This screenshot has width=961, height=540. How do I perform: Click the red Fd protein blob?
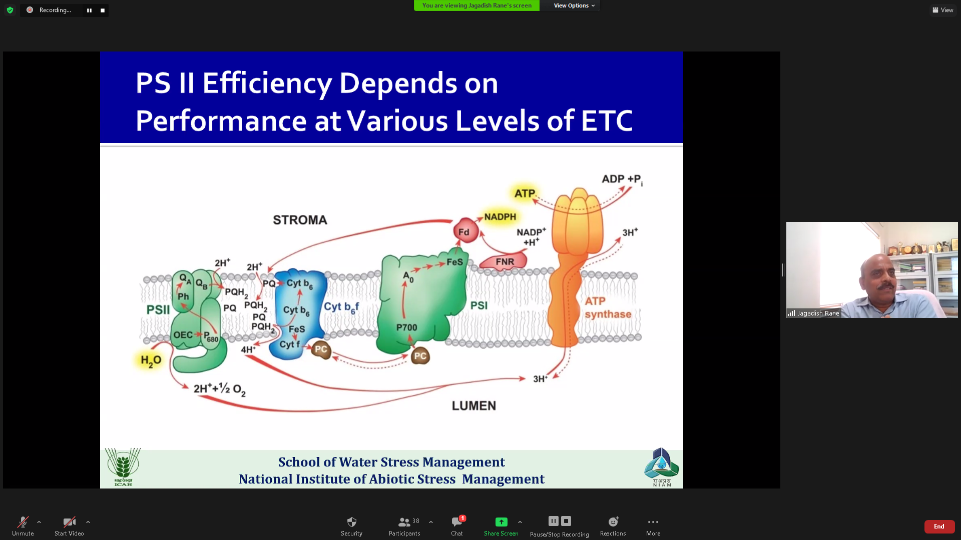[x=465, y=231]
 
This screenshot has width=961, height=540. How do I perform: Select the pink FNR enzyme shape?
[x=504, y=261]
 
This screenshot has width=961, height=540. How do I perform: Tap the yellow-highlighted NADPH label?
[x=500, y=216]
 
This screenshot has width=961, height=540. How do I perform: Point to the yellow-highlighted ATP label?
[x=525, y=193]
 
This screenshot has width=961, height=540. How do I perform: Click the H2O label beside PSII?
[x=151, y=360]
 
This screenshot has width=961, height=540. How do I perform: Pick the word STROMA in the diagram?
[x=300, y=220]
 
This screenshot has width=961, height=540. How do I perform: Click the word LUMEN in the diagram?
[x=473, y=405]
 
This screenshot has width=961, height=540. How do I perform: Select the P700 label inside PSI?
[x=406, y=327]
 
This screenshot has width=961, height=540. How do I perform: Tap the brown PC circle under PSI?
[x=420, y=355]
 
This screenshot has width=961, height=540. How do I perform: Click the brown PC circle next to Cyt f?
[x=321, y=349]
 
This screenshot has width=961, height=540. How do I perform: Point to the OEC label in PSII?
[x=183, y=334]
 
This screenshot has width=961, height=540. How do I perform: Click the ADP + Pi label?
[x=622, y=179]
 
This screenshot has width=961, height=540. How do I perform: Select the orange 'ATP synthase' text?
[x=608, y=307]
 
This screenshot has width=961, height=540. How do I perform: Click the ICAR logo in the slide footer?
[x=123, y=467]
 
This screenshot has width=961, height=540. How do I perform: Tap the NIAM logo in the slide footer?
[x=661, y=467]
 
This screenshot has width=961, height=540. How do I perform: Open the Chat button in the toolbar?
[x=457, y=526]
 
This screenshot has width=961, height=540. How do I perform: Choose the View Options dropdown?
[x=574, y=5]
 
